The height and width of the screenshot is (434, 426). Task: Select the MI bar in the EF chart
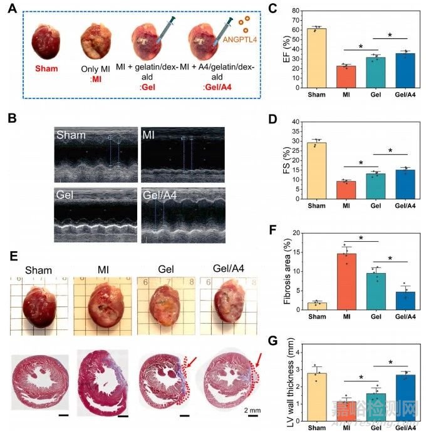[347, 76]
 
